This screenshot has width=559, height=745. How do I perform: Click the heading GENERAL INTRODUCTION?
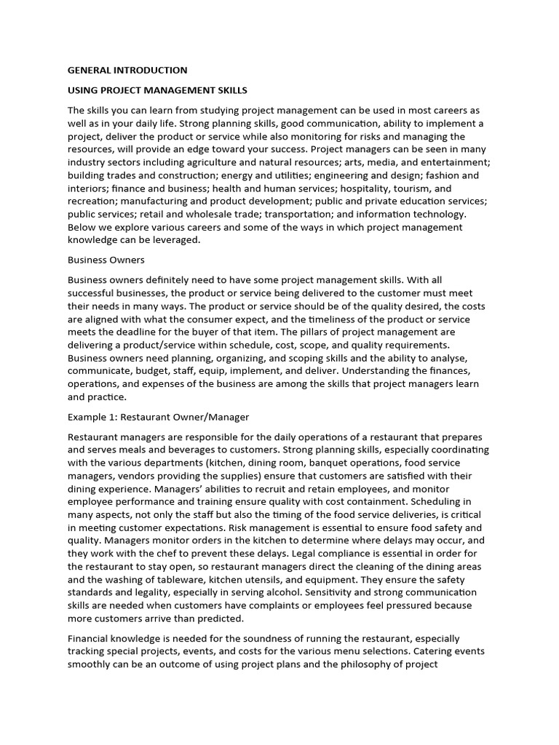(x=127, y=71)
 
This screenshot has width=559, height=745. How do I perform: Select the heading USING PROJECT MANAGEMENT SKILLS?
(x=157, y=90)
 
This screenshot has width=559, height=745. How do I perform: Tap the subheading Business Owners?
(x=106, y=259)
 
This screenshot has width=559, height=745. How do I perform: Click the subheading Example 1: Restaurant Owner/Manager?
(x=158, y=417)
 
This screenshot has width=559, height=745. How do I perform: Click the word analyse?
(x=457, y=358)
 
